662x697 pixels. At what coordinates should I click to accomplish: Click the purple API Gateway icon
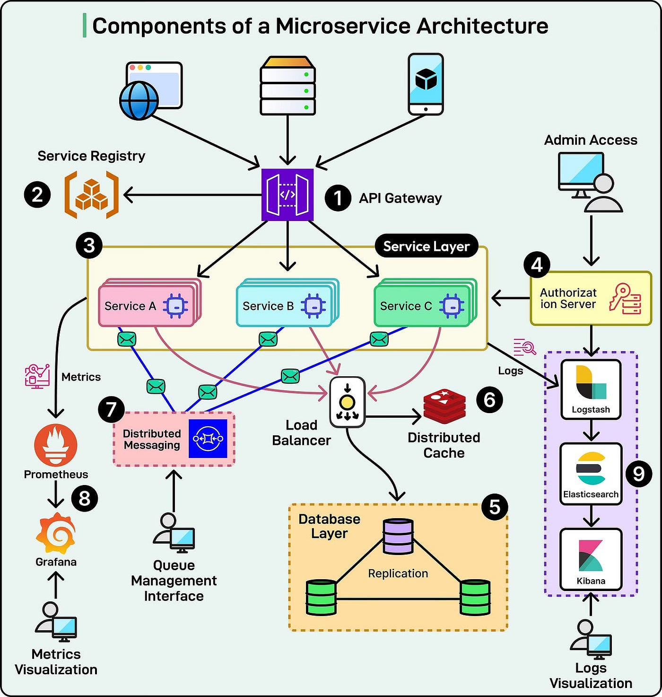(x=287, y=194)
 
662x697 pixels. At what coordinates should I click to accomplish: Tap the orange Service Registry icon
(x=91, y=194)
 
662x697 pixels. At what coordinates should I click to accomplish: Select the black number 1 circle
(x=338, y=198)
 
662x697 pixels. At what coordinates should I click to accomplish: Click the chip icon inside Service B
(x=314, y=306)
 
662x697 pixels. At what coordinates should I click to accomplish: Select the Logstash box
(x=591, y=389)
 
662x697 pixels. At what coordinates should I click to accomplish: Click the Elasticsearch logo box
(x=591, y=474)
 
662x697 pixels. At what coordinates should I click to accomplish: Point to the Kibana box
(x=591, y=559)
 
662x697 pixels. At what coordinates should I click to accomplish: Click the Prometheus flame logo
(x=56, y=445)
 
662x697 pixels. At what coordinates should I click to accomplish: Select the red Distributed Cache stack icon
(x=444, y=406)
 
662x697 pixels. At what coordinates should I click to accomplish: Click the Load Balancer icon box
(x=347, y=402)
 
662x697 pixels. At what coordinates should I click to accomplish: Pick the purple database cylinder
(x=398, y=537)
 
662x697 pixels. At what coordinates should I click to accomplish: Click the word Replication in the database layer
(x=398, y=573)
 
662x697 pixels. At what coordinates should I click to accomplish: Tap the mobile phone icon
(x=426, y=84)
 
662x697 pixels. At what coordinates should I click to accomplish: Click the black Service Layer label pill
(x=427, y=246)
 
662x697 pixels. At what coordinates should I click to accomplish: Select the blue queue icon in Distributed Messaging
(x=208, y=439)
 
